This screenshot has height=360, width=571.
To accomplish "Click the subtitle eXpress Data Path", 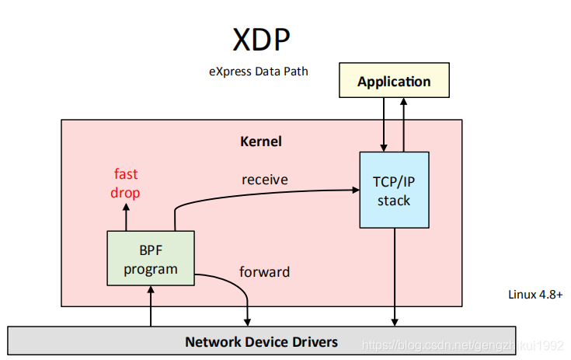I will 258,72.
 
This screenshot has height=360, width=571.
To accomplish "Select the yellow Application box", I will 394,82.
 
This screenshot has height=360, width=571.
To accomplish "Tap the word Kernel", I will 261,142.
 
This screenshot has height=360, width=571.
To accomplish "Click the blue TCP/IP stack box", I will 394,190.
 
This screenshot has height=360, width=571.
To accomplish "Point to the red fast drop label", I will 127,183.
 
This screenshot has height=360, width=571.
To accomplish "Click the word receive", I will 264,180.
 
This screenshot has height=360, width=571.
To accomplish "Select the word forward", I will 264,272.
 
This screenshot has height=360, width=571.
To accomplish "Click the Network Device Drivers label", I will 261,341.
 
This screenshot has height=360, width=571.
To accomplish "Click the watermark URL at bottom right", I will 465,342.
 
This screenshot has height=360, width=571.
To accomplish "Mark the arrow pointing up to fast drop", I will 126,218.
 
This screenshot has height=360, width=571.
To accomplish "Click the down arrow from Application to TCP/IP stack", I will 382,124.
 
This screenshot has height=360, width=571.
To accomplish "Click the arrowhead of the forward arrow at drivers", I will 247,321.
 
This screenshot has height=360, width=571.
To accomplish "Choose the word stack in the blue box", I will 394,200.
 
